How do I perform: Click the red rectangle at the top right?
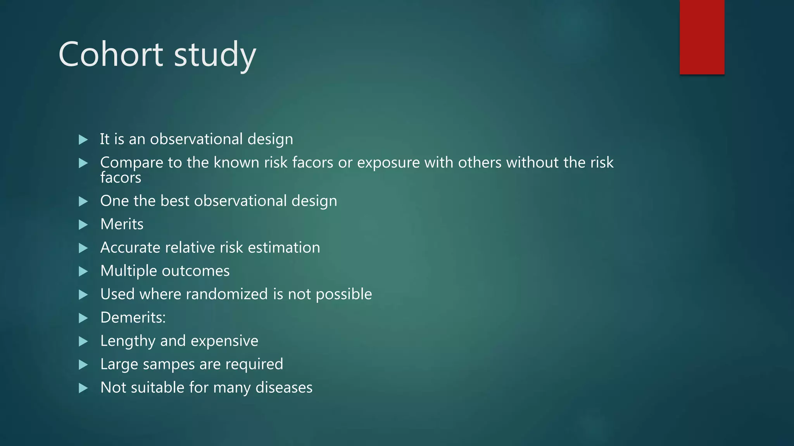[x=702, y=37]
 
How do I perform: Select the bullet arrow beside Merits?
[x=83, y=225]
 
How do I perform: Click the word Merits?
[x=122, y=224]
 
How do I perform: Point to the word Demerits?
[x=133, y=317]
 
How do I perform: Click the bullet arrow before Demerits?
[x=83, y=318]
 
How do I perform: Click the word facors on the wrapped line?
[x=121, y=178]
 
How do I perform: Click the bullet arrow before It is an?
[x=83, y=139]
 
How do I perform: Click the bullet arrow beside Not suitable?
[x=83, y=388]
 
